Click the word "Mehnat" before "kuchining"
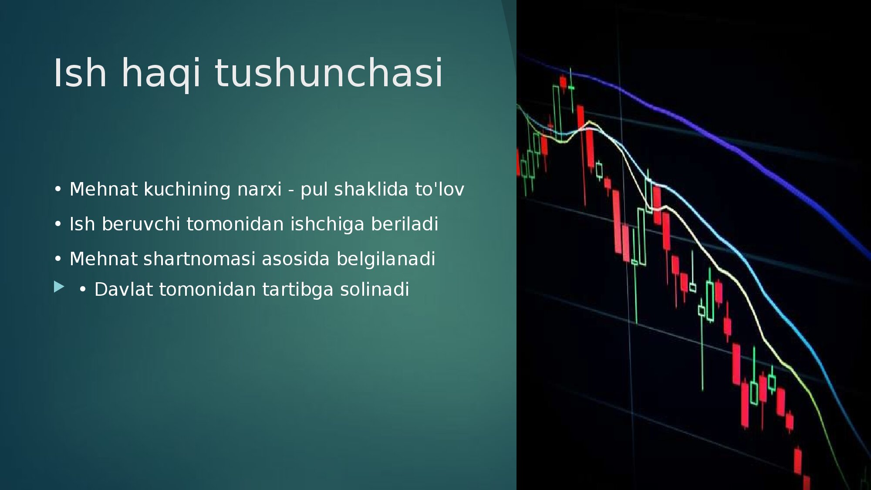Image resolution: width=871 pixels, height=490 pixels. coord(104,189)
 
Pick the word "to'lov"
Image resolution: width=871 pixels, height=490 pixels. coord(439,189)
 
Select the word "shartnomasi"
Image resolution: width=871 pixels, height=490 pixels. coord(199,259)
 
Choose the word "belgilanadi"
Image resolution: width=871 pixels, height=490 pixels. coord(386,260)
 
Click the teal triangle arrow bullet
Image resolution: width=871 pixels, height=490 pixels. coord(59,287)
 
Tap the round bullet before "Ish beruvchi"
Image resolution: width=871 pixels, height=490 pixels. coord(58,224)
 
